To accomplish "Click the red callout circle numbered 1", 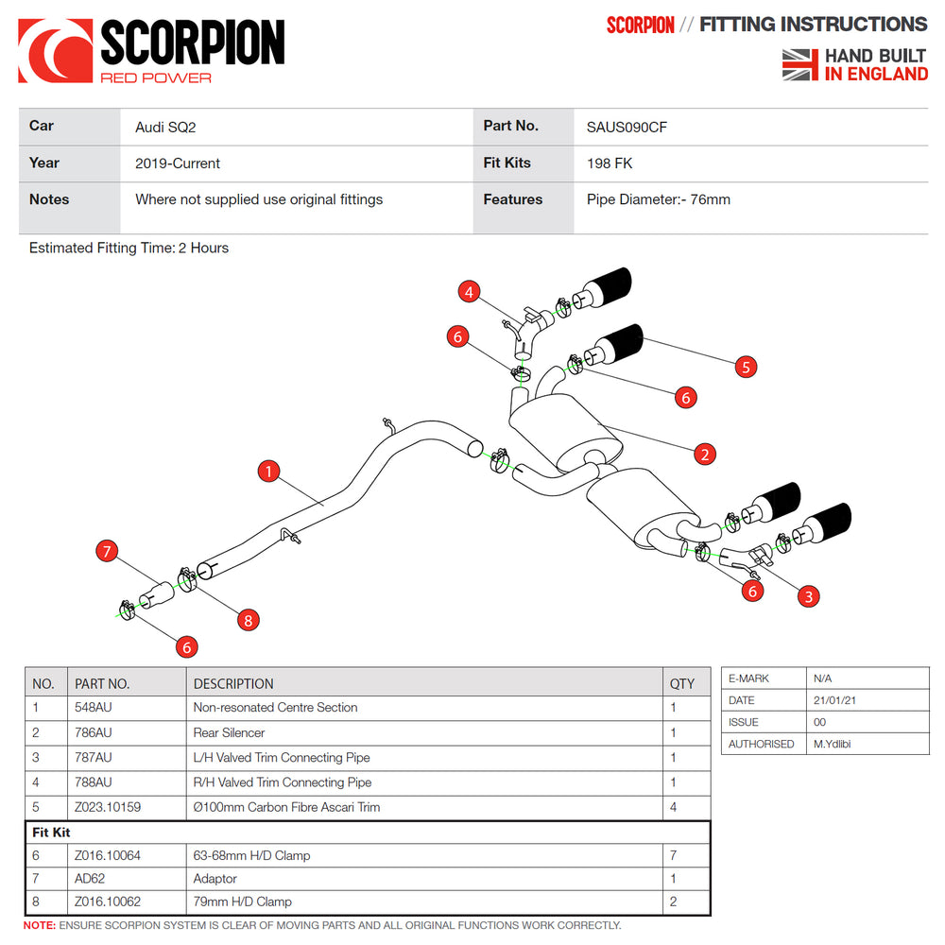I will [x=269, y=471].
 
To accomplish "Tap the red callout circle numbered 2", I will [x=704, y=455].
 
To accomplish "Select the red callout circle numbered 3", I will [x=808, y=595].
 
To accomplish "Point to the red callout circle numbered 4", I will [x=470, y=292].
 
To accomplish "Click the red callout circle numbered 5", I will [x=747, y=367].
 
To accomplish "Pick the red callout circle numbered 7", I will [x=107, y=552].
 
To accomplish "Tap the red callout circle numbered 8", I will [x=248, y=620].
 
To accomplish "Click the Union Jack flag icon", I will [x=799, y=64].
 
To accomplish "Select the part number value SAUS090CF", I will [x=627, y=127].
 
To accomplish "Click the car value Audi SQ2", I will [x=165, y=127].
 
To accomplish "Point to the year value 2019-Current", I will [x=178, y=163].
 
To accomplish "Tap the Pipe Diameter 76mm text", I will [x=659, y=199].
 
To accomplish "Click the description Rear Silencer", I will [x=229, y=732].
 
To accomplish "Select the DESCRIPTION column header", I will [x=233, y=683].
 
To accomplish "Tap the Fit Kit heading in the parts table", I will [x=52, y=833].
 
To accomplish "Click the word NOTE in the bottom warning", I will [x=39, y=925].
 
